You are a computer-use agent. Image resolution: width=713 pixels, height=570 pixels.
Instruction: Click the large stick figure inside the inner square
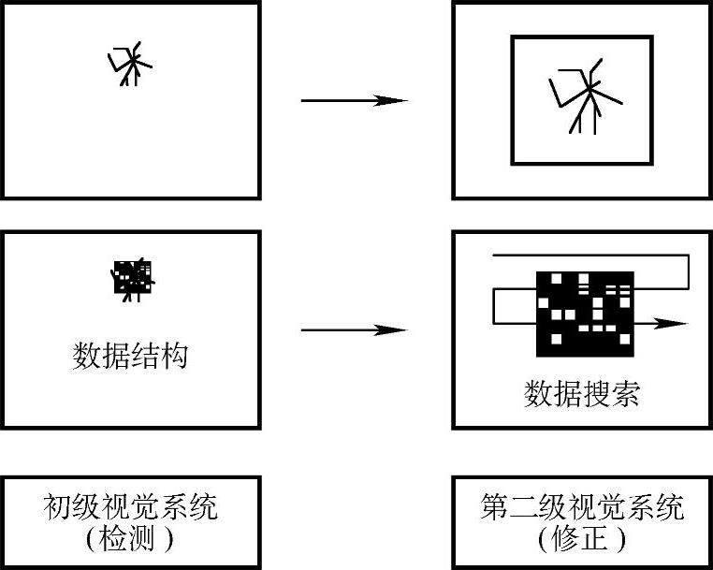pyautogui.click(x=584, y=97)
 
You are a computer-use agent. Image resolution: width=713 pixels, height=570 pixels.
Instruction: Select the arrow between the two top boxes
pyautogui.click(x=354, y=100)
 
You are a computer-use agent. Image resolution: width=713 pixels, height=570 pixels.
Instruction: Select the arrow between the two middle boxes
pyautogui.click(x=354, y=329)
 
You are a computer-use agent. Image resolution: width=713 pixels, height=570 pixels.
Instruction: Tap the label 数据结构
pyautogui.click(x=131, y=357)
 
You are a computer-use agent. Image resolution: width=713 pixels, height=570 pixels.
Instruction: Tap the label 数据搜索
pyautogui.click(x=582, y=394)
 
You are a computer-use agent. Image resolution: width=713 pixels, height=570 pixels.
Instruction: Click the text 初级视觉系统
pyautogui.click(x=130, y=507)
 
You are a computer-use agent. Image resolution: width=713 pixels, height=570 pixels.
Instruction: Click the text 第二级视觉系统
pyautogui.click(x=582, y=507)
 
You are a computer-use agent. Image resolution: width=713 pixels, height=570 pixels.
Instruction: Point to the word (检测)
pyautogui.click(x=130, y=539)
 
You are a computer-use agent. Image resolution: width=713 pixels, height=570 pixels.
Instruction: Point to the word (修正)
pyautogui.click(x=582, y=539)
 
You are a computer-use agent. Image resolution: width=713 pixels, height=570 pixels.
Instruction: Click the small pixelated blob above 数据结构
pyautogui.click(x=132, y=278)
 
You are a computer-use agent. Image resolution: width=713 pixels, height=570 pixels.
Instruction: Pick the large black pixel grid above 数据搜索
pyautogui.click(x=585, y=313)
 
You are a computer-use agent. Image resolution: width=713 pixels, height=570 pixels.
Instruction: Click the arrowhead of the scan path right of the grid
pyautogui.click(x=672, y=323)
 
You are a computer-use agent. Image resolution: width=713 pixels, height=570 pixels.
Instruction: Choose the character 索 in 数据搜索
pyautogui.click(x=626, y=394)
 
